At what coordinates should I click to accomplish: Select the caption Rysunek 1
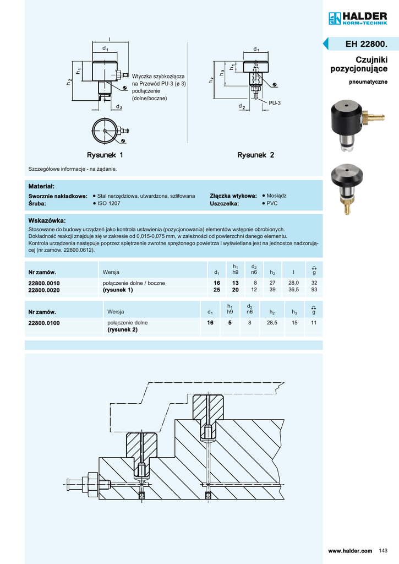pos(105,155)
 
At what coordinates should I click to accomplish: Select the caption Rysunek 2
pos(255,155)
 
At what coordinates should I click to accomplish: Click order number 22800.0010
pos(44,283)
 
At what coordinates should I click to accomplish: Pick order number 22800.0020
pos(44,290)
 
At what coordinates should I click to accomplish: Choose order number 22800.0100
pos(44,323)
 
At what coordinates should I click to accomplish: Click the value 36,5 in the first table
pos(293,290)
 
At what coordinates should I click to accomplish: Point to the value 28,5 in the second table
pos(272,323)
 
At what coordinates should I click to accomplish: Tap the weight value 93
pos(314,290)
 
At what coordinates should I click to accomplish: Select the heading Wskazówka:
pos(47,220)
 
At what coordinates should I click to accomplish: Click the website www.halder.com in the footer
pos(350,551)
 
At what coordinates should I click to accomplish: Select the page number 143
pos(384,551)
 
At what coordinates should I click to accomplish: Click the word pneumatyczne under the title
pos(368,82)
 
